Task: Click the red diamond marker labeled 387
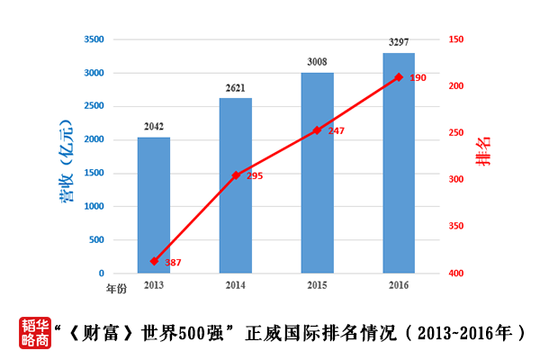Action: pos(154,261)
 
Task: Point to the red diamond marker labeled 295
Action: pos(236,175)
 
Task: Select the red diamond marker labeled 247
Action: pos(317,130)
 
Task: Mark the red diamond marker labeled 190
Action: pos(399,77)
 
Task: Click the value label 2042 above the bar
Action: pos(153,127)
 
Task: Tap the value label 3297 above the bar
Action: pos(399,42)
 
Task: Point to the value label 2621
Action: pos(235,88)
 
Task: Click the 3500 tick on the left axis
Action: pos(94,40)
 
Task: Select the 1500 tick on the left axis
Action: pos(94,173)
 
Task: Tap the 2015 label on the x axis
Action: pos(317,285)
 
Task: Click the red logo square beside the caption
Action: pos(33,332)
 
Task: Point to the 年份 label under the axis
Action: pos(117,289)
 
